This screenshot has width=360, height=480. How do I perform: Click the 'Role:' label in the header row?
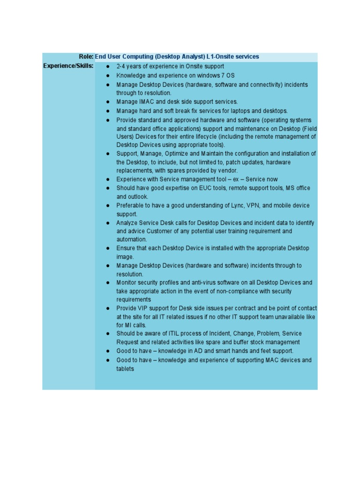point(86,57)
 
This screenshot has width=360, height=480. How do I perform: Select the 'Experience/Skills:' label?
point(68,66)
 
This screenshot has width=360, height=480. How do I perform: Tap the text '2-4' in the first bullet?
point(121,67)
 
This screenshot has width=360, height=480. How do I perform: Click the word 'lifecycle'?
point(207,136)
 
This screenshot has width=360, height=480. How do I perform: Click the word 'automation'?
point(131,240)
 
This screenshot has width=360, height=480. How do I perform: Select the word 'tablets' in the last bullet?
point(125,369)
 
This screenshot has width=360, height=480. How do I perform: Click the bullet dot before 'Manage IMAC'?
point(108,102)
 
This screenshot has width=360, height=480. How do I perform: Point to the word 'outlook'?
point(138,197)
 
